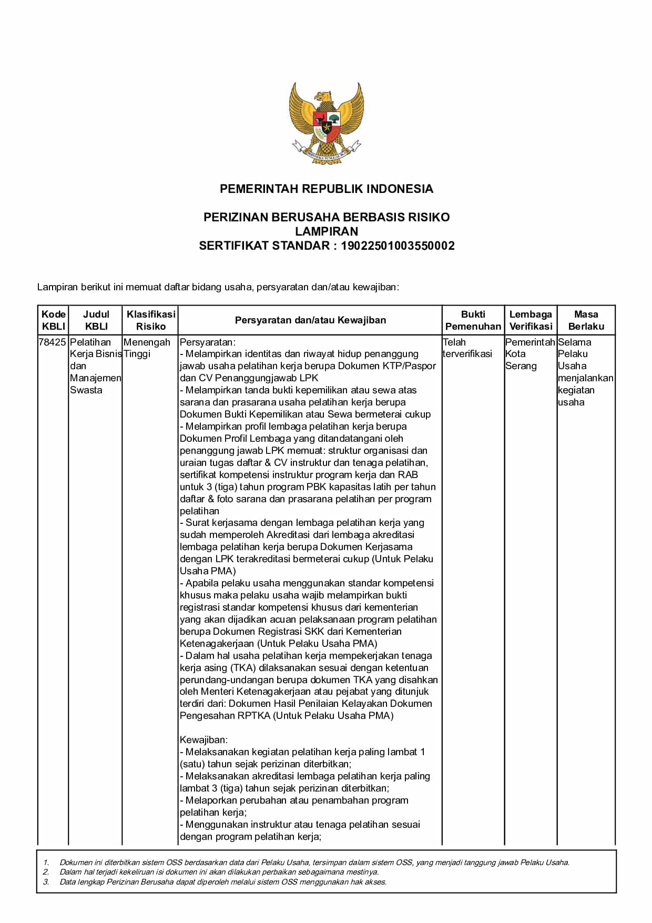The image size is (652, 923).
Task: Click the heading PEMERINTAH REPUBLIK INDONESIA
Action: (326, 189)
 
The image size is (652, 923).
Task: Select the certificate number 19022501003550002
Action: (398, 246)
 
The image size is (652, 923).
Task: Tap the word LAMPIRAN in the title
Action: (326, 231)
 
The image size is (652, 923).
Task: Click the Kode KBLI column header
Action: (54, 320)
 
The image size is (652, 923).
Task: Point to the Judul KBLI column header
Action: (96, 320)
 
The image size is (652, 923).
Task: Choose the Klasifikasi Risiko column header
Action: (150, 320)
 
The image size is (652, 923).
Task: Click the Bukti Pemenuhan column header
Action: (473, 320)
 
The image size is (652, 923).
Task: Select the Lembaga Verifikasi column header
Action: (531, 320)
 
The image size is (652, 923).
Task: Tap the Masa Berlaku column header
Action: (586, 320)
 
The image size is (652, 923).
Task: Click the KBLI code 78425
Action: (53, 342)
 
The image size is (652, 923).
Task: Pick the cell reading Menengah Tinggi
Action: (147, 348)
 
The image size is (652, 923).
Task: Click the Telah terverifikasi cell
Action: (467, 348)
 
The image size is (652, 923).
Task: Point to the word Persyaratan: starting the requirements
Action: (208, 342)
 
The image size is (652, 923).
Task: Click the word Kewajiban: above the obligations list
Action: (203, 740)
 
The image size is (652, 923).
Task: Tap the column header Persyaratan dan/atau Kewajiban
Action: (310, 320)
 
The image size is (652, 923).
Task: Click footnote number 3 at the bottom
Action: (46, 882)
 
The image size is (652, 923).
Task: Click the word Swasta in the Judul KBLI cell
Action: (86, 390)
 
